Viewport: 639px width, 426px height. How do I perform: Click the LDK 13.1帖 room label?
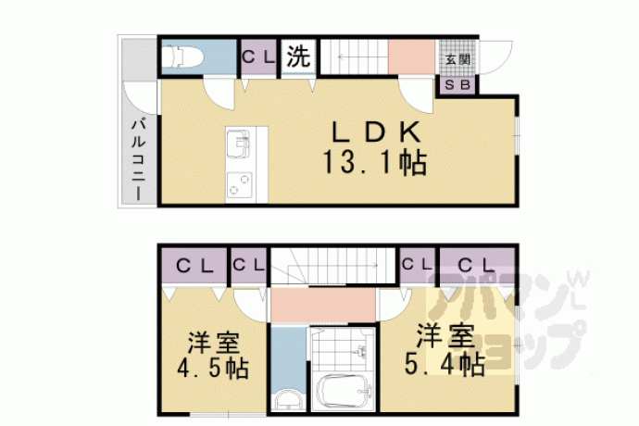point(375,148)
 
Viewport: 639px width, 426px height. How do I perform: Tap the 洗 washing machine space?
point(298,56)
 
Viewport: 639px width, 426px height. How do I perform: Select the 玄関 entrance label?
point(457,59)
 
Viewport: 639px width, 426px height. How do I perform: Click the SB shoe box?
point(457,85)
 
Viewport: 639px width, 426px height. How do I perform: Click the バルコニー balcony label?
point(139,159)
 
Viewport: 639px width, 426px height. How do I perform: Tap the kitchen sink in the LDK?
point(237,144)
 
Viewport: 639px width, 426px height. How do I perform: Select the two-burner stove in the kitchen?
point(239,184)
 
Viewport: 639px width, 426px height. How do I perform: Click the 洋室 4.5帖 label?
point(213,356)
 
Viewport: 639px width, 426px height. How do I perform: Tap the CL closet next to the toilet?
point(258,57)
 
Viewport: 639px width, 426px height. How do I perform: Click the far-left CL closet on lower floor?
point(194,267)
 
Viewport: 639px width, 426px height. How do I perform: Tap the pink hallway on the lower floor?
point(323,305)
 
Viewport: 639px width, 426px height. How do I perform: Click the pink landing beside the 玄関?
point(411,57)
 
